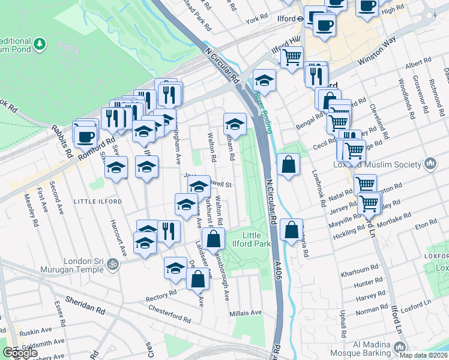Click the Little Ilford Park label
point(256,239)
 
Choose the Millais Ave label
point(246,313)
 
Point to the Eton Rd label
point(425,223)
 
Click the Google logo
point(20,353)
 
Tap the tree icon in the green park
point(40,43)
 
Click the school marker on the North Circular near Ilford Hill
point(264,79)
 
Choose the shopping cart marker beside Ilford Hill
point(292,58)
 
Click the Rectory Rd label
point(161,293)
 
